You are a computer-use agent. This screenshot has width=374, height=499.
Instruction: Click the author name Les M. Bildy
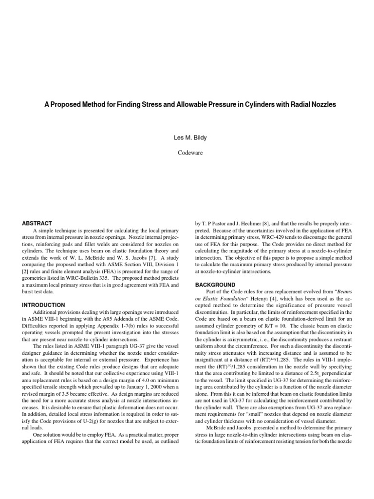pyautogui.click(x=187, y=138)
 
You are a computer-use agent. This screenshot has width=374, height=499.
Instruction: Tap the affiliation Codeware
pyautogui.click(x=187, y=153)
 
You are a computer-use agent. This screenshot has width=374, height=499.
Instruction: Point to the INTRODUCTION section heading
pyautogui.click(x=43, y=305)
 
